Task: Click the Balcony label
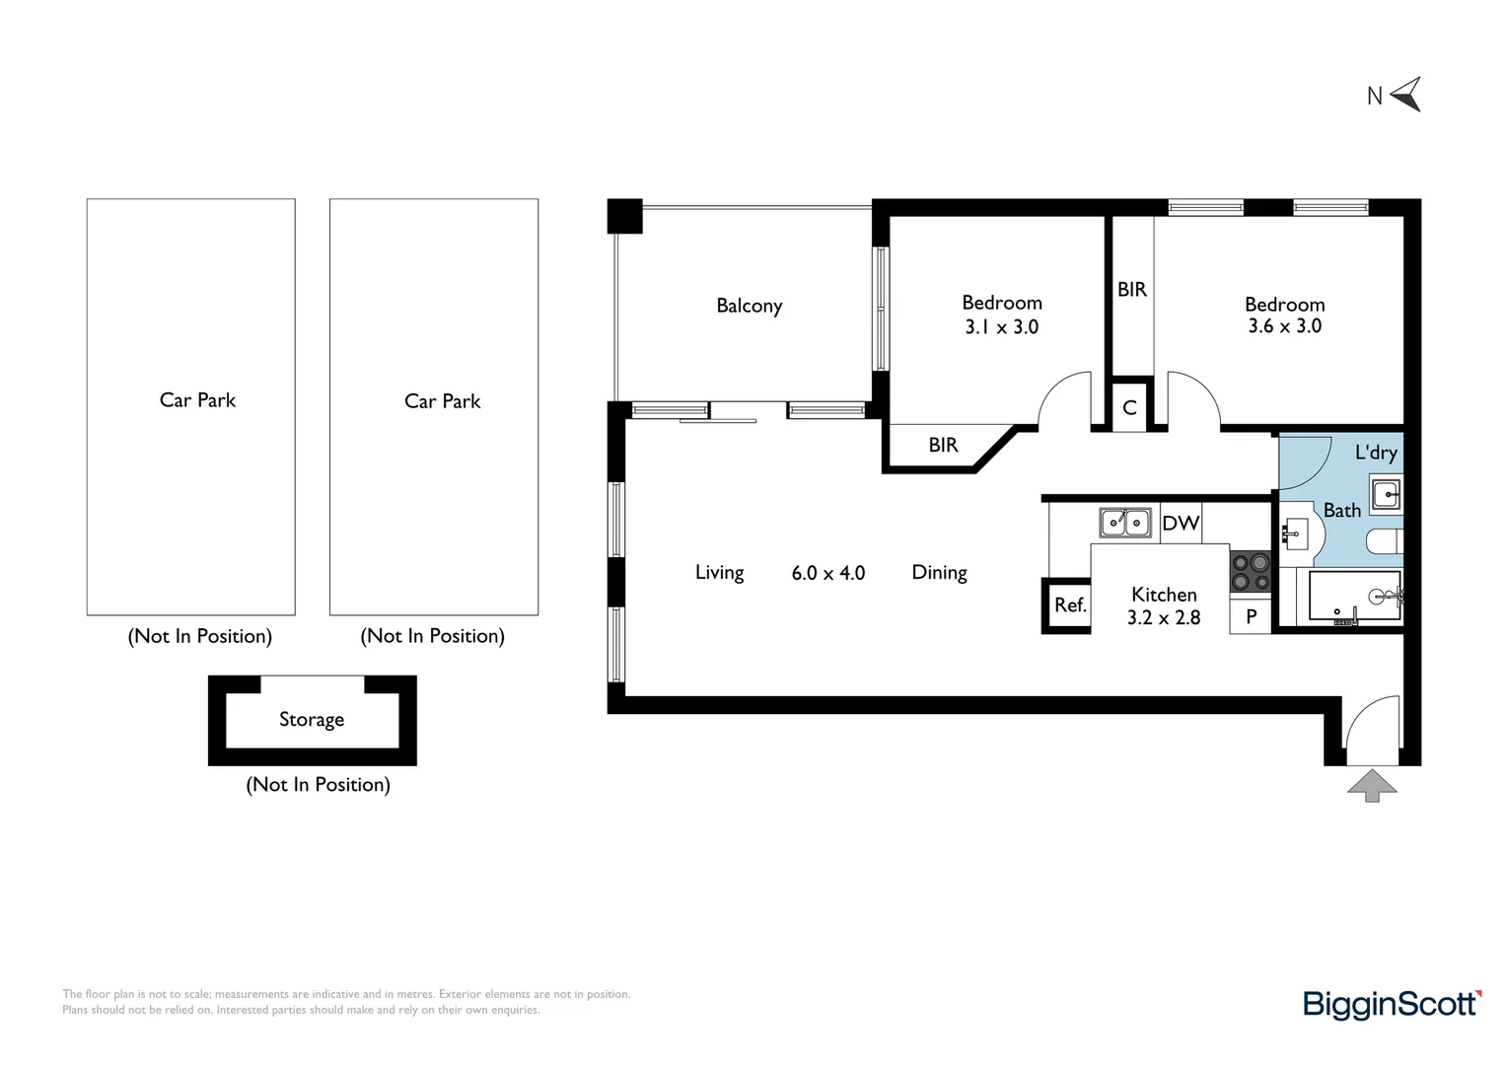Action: click(749, 306)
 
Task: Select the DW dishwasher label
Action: click(1181, 523)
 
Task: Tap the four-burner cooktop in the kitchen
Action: click(1250, 572)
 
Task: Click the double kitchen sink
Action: click(1125, 522)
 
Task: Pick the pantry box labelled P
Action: click(1250, 616)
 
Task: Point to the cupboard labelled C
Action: click(1129, 407)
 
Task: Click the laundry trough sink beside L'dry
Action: click(1386, 494)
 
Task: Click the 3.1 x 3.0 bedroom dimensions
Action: click(1002, 327)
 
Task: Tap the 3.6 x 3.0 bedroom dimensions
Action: click(1284, 326)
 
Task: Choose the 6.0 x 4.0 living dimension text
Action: click(828, 573)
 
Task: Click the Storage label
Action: click(312, 720)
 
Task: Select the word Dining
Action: click(939, 573)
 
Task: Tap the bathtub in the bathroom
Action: click(1355, 596)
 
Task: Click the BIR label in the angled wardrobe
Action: click(943, 446)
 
